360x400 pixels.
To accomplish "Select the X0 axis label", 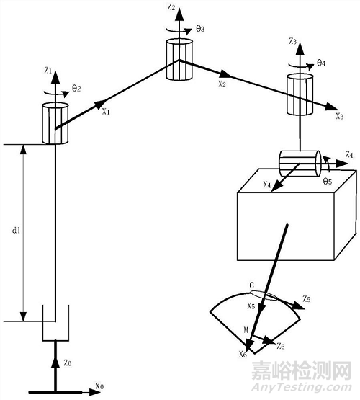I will point(99,387).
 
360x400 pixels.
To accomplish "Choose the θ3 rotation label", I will point(199,28).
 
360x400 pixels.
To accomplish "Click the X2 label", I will point(222,84).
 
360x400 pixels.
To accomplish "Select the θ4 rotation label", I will point(322,63).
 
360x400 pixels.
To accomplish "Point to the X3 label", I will point(338,116).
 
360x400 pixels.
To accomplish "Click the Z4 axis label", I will point(349,155).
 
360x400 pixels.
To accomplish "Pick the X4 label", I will point(267,185).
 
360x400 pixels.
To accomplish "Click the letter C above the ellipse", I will point(251,285).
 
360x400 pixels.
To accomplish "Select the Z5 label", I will point(306,298).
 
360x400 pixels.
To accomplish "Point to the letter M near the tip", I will point(246,331).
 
